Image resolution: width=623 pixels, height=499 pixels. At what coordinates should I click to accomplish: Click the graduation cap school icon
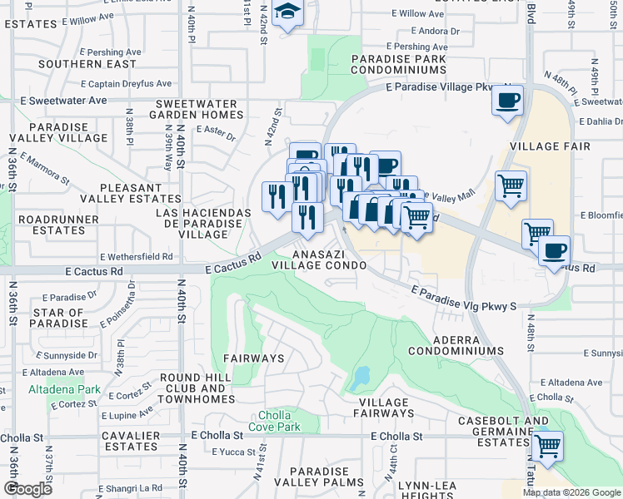288,12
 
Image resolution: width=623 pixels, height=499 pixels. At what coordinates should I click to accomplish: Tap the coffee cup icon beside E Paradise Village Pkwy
507,101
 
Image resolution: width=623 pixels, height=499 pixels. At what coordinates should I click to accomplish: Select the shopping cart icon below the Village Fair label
511,186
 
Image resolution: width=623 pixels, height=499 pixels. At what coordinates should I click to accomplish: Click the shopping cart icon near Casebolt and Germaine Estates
547,447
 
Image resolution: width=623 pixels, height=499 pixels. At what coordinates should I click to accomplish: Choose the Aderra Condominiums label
467,346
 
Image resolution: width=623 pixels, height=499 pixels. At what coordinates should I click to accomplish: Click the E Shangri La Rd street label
128,487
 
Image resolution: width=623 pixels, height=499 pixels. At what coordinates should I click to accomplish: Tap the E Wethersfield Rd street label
135,257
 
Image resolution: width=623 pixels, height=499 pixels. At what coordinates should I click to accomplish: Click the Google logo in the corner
27,489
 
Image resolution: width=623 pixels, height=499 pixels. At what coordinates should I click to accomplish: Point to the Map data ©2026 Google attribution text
571,492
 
